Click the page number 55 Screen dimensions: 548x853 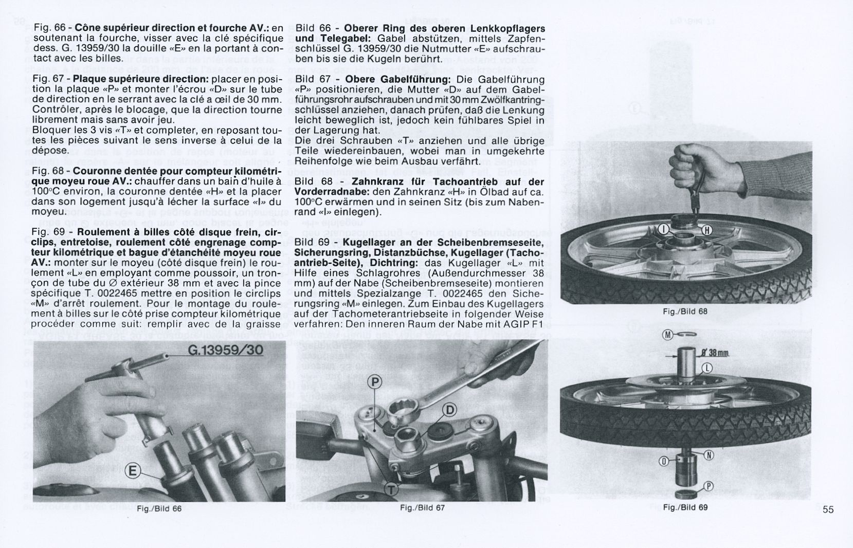(828, 509)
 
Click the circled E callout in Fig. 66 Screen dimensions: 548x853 (133, 471)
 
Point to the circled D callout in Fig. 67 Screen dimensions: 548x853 (449, 410)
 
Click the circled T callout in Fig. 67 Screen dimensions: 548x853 (391, 490)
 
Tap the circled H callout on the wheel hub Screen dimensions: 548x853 (707, 230)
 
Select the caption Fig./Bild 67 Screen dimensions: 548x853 (422, 508)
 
